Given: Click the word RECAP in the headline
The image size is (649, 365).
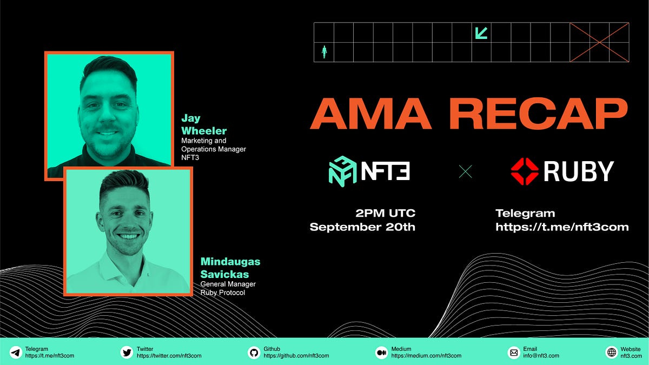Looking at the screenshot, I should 538,114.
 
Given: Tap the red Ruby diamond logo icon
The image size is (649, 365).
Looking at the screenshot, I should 525,171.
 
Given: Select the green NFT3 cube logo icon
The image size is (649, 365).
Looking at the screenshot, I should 342,171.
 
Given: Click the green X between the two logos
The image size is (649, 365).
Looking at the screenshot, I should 465,172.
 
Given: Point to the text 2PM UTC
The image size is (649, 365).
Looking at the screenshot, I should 385,213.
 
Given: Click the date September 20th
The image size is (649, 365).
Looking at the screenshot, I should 362,227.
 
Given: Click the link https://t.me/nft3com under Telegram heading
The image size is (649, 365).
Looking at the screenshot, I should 562,227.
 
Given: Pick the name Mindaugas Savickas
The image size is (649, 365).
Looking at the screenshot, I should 230,267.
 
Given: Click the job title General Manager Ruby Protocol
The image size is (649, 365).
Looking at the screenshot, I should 228,288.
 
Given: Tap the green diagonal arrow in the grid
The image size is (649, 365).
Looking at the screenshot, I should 481,33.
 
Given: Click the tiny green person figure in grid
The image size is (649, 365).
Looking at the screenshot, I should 325,52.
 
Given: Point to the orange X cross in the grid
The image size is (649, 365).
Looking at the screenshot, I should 599,42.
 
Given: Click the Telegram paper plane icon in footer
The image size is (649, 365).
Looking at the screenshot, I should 16,353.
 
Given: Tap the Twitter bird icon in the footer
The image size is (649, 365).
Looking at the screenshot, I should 127,353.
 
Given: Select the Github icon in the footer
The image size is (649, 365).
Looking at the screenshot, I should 254,353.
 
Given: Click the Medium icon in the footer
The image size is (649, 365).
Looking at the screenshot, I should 382,353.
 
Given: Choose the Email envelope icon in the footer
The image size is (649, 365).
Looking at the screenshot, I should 514,353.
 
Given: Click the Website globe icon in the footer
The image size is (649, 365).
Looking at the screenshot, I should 612,353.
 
